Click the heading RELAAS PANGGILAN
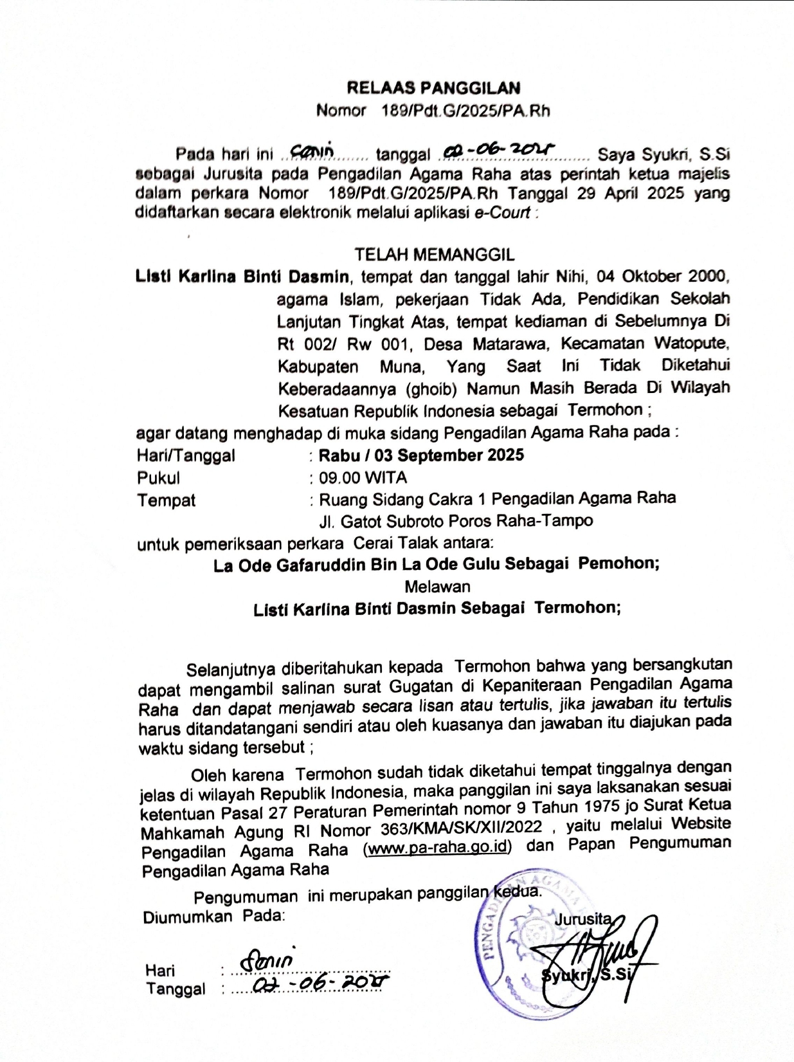(433, 87)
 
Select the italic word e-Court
(502, 213)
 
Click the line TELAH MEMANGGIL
(434, 255)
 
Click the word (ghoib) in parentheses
(430, 389)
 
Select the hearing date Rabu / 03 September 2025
(421, 455)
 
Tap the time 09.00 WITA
(363, 478)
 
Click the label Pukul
(158, 478)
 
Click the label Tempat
(166, 500)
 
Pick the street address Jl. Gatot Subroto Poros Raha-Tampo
(456, 520)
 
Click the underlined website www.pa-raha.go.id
(437, 847)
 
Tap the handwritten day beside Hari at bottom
(267, 962)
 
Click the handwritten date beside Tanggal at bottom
(321, 984)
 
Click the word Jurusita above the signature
(581, 919)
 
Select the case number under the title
(465, 111)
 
